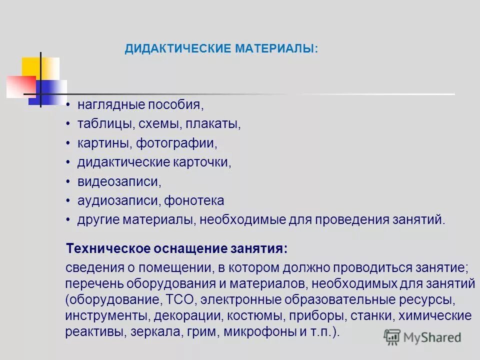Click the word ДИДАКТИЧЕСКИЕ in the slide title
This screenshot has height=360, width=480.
pyautogui.click(x=178, y=49)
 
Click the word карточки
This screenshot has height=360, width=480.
pyautogui.click(x=202, y=162)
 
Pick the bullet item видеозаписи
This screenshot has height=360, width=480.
pyautogui.click(x=119, y=181)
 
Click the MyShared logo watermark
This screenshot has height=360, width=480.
pyautogui.click(x=422, y=337)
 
